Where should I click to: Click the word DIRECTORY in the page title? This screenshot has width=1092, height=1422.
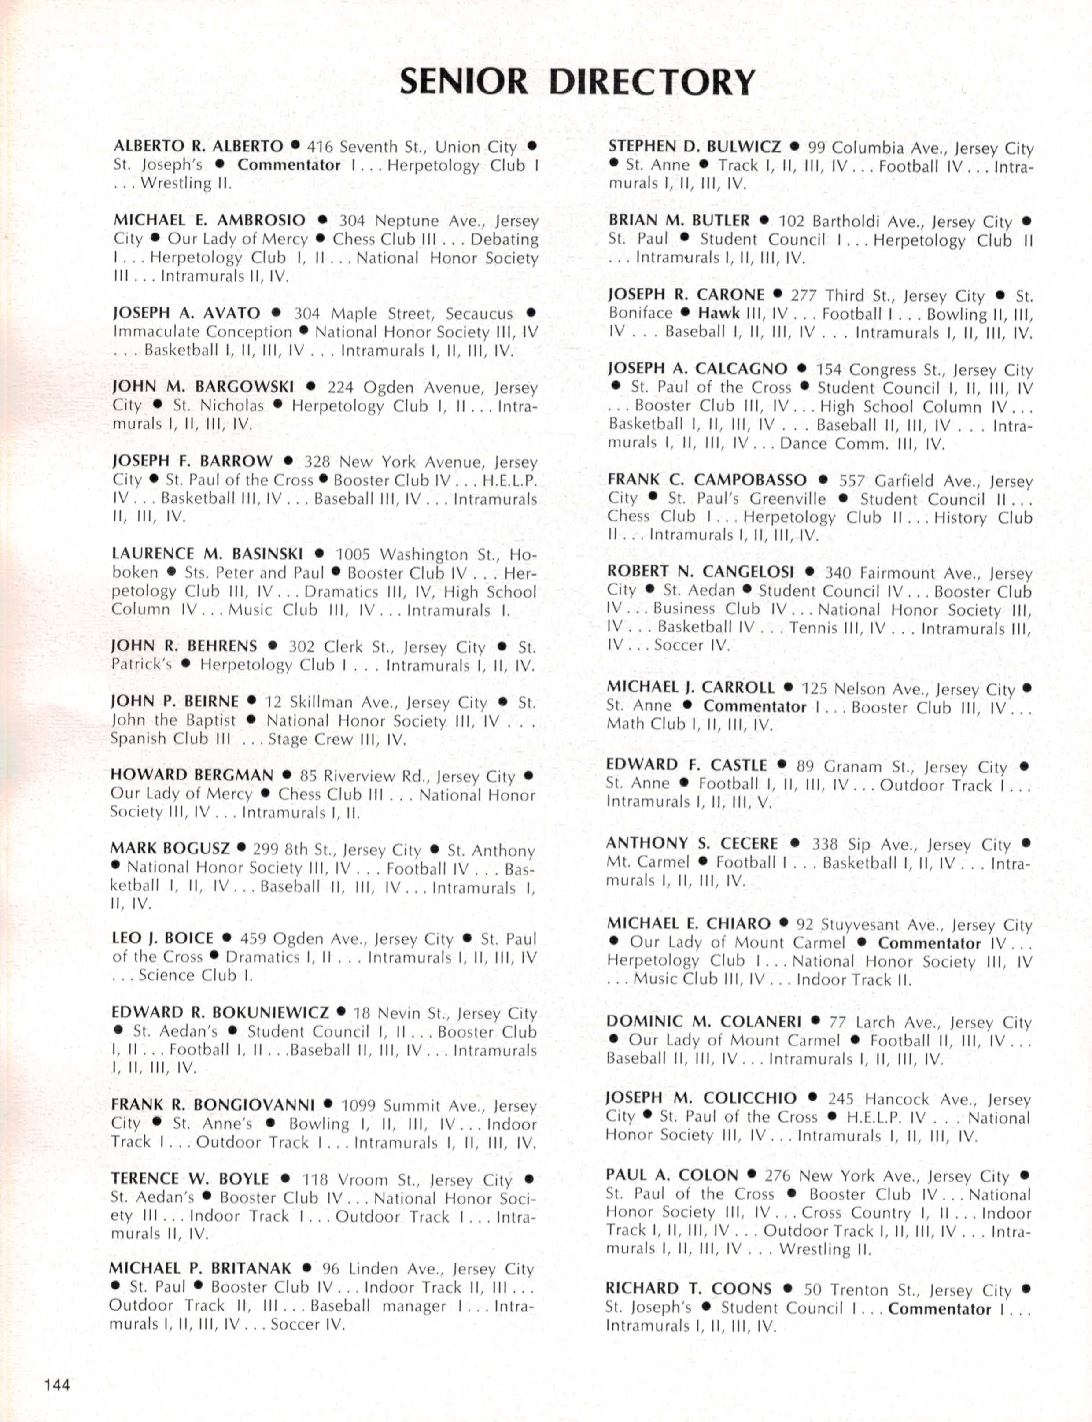click(x=652, y=82)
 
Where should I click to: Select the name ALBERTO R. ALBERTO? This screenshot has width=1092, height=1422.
click(x=198, y=146)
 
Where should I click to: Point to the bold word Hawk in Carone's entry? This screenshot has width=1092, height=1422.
click(x=719, y=313)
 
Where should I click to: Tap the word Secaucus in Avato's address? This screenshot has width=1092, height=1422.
click(x=479, y=314)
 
